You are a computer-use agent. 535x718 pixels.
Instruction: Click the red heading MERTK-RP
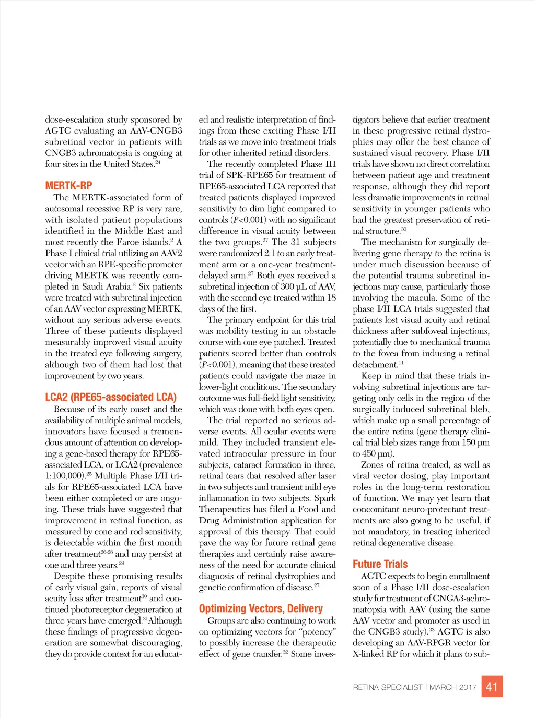point(68,186)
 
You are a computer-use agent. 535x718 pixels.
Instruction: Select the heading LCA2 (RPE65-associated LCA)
point(111,398)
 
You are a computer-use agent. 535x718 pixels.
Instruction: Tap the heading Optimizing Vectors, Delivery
point(261,609)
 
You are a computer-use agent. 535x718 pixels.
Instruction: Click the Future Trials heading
point(380,565)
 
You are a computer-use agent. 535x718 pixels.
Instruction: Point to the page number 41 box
point(492,687)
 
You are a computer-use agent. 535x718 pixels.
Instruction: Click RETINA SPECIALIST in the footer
point(387,687)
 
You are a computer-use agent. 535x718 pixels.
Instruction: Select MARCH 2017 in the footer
point(453,687)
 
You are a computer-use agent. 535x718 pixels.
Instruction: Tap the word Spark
point(325,498)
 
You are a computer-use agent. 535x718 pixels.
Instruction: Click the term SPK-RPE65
point(251,175)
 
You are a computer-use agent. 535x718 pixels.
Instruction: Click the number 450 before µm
point(369,454)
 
